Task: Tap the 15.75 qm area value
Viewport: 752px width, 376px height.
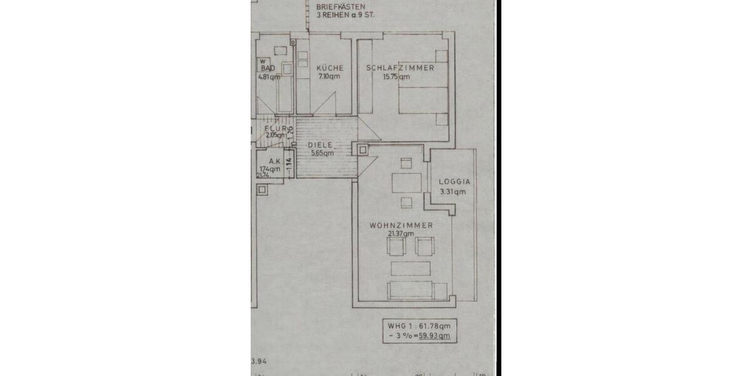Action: point(396,77)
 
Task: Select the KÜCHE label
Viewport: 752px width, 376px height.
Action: point(330,68)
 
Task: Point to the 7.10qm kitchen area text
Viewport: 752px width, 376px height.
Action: point(329,76)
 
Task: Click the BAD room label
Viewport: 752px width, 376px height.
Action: point(268,68)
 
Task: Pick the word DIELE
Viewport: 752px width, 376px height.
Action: point(320,145)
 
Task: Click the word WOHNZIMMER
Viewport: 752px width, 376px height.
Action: point(401,225)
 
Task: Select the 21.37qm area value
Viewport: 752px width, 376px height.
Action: point(400,234)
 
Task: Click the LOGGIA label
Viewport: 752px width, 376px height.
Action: point(454,182)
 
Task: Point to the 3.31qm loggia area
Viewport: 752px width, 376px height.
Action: point(453,192)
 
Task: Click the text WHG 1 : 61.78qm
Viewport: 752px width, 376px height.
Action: point(418,326)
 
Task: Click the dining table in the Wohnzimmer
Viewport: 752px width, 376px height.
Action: point(407,183)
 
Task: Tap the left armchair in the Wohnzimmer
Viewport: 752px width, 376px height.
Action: point(397,246)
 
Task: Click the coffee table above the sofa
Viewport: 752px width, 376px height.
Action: point(410,268)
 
